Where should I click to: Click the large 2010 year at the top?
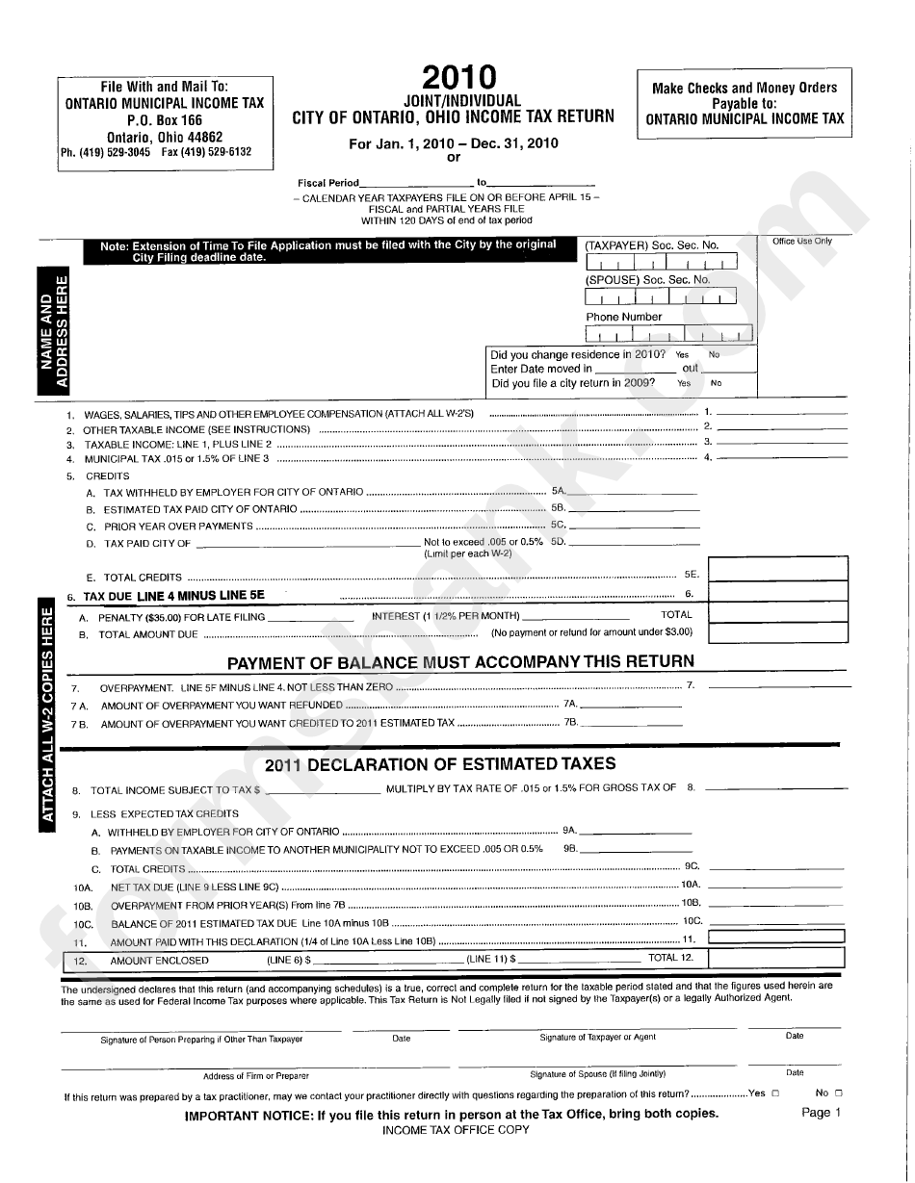(458, 78)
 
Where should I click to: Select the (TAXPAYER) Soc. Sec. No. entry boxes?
(661, 263)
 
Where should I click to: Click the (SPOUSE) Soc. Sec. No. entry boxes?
(661, 297)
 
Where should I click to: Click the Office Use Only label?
(801, 242)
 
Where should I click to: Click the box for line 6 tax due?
(778, 594)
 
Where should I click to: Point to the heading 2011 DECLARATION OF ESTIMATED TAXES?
(440, 764)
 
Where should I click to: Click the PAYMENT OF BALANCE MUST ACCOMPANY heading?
(459, 661)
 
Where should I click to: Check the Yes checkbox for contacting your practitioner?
(775, 1093)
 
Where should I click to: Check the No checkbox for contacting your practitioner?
(838, 1093)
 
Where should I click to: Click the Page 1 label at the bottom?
(821, 1113)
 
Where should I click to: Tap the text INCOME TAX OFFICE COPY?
(456, 1130)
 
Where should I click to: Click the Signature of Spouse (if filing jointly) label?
(597, 1074)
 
